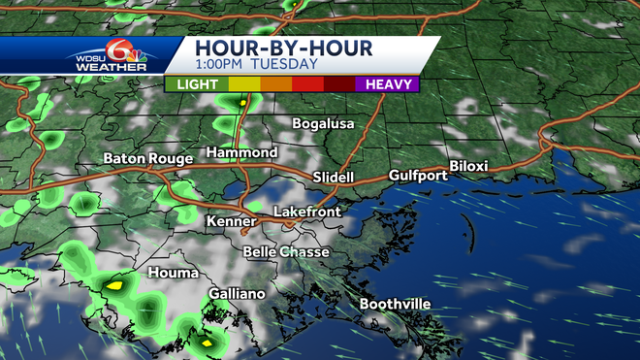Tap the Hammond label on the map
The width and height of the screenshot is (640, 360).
(x=242, y=153)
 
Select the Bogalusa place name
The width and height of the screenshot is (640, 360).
(x=324, y=124)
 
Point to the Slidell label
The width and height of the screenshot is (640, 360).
(x=334, y=178)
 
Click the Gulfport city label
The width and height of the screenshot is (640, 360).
(x=418, y=176)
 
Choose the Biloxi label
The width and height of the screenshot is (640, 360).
(x=468, y=167)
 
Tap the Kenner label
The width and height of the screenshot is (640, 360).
(x=231, y=222)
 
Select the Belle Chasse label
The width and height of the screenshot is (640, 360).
(x=286, y=252)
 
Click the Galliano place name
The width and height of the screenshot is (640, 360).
(x=237, y=294)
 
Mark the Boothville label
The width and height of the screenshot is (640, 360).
(x=395, y=305)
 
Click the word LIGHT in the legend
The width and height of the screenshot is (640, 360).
(x=197, y=84)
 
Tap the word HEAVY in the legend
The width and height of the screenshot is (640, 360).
(x=386, y=84)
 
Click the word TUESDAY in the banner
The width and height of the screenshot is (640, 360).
(x=285, y=64)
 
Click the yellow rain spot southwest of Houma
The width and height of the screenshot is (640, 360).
(x=114, y=285)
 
